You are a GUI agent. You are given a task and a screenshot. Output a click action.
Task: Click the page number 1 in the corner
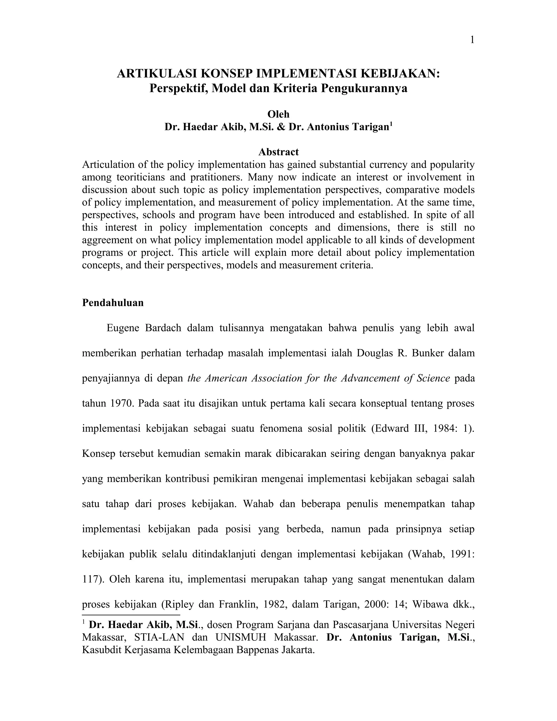472,40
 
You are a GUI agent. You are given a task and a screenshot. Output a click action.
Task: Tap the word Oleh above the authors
278,114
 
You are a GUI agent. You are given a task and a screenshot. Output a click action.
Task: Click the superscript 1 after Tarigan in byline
391,124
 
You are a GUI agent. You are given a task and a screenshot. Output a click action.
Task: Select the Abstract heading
278,152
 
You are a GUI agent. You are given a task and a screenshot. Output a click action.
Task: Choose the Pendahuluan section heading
113,303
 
